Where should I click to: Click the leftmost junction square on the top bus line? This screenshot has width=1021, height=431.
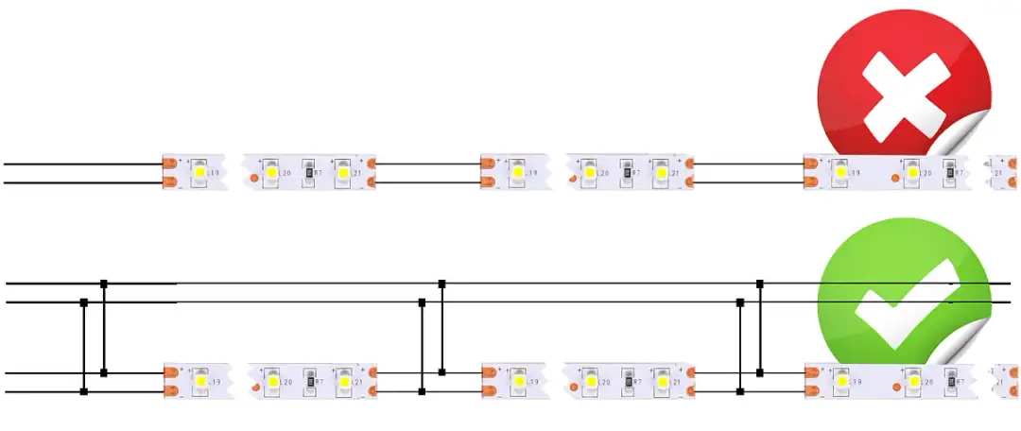[104, 283]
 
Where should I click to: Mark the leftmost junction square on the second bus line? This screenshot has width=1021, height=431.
[84, 302]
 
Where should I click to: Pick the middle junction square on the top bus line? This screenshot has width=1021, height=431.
[441, 283]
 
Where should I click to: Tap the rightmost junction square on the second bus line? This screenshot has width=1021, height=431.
[740, 302]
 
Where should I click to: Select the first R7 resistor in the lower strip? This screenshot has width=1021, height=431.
[307, 381]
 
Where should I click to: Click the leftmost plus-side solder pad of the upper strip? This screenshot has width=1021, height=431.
[170, 163]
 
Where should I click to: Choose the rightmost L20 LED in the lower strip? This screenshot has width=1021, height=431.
[912, 381]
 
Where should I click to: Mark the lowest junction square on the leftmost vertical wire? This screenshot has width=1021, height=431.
[84, 390]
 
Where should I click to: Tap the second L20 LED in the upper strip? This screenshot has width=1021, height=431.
[590, 173]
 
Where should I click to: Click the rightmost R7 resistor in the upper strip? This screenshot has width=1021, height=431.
[946, 173]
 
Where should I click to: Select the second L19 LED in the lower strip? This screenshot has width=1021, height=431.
[518, 381]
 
